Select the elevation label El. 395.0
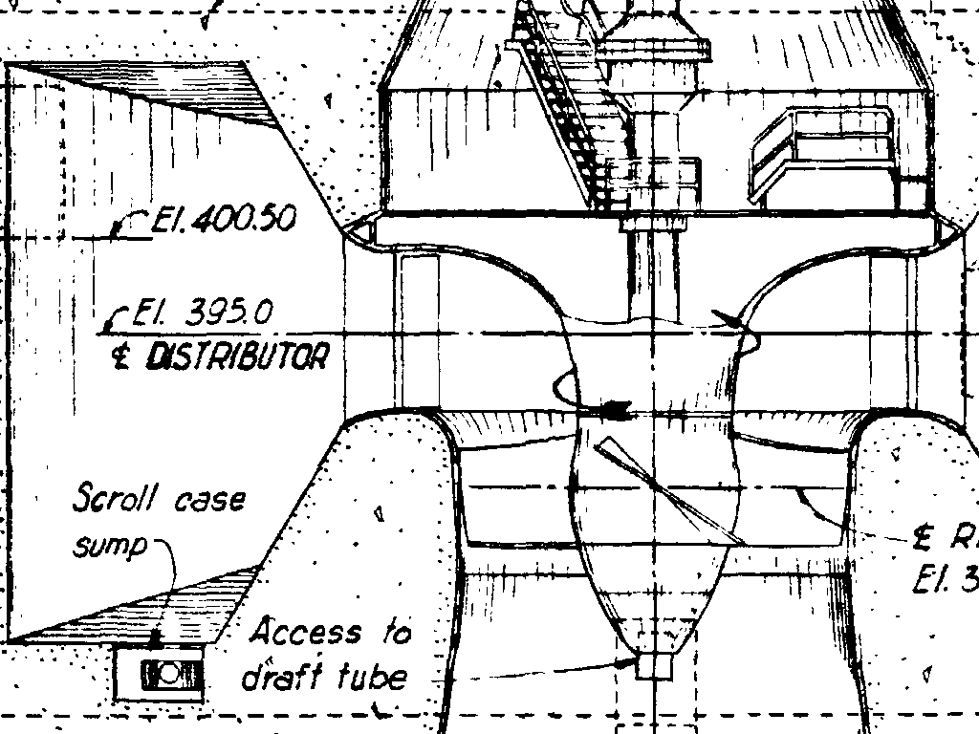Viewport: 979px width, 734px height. (203, 313)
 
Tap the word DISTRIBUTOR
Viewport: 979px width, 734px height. (236, 357)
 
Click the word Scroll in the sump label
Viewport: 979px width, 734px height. (112, 498)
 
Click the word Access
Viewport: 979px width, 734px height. (307, 632)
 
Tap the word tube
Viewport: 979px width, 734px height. (373, 677)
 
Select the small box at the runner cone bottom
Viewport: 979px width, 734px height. (654, 665)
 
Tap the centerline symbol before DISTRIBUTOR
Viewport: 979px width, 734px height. (121, 358)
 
